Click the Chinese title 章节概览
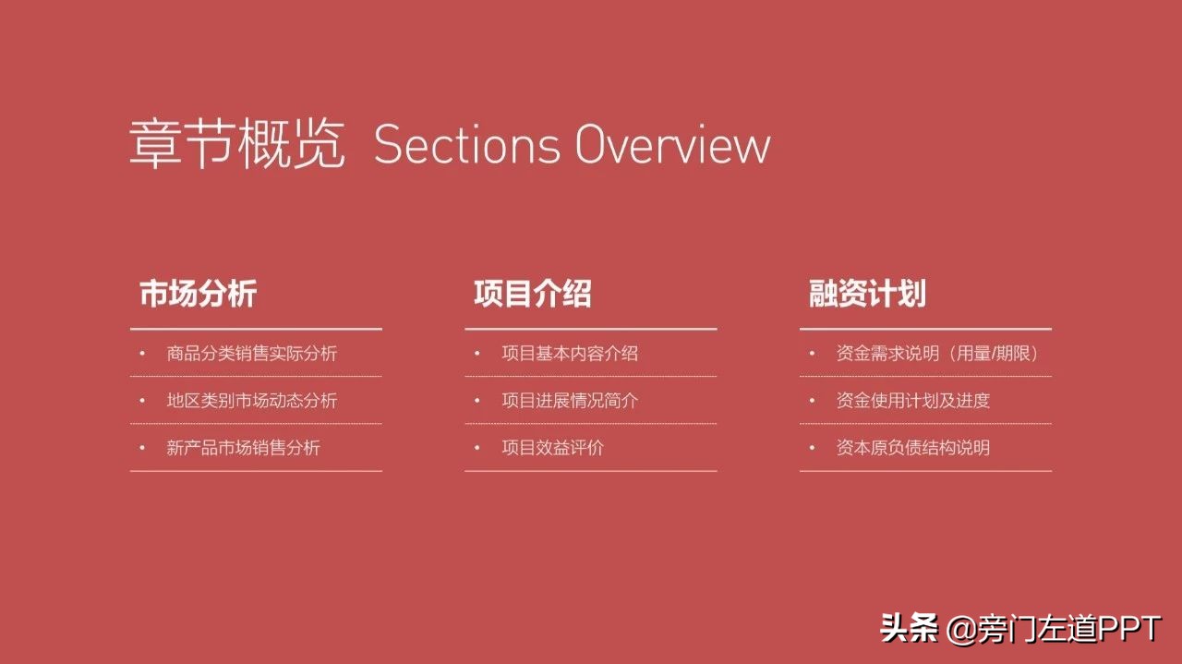(x=237, y=145)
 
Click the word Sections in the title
(x=466, y=146)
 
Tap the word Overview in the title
(x=672, y=146)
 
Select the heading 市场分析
(x=198, y=294)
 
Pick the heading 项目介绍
(x=532, y=294)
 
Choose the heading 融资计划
(x=867, y=294)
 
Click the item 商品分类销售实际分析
(x=251, y=354)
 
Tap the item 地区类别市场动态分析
(x=251, y=401)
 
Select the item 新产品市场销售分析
(x=243, y=448)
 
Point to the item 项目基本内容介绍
(x=569, y=354)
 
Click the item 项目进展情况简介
(x=569, y=401)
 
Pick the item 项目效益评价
(x=552, y=448)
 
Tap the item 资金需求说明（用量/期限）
(x=937, y=354)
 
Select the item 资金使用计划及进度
(x=912, y=401)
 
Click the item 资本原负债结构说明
(x=912, y=448)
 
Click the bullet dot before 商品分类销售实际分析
(x=142, y=353)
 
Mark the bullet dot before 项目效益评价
(x=477, y=447)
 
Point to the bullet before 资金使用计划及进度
(x=812, y=400)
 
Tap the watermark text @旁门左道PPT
(x=1054, y=630)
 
